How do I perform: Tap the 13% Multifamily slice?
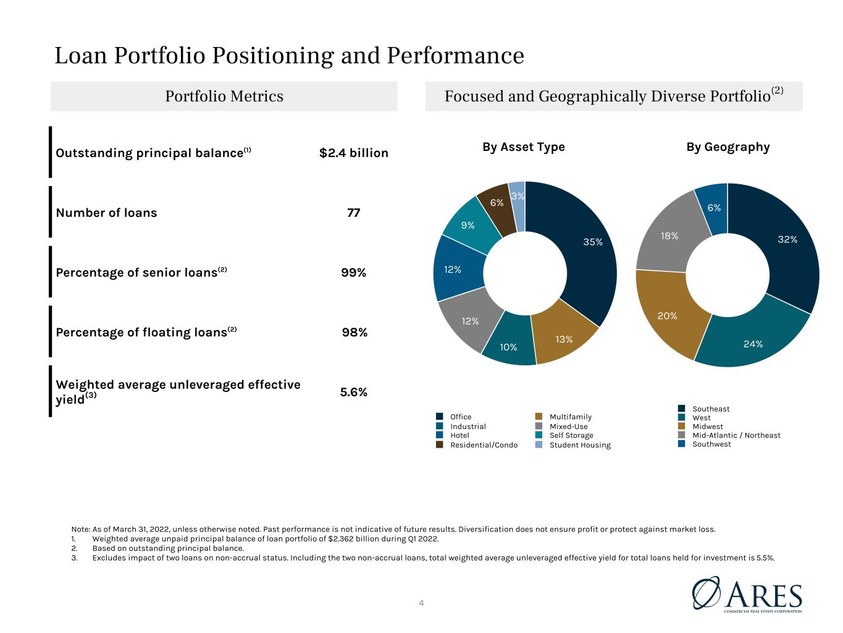[x=563, y=334]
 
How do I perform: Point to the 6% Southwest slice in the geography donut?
[x=713, y=209]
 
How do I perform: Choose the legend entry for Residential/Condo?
[x=477, y=444]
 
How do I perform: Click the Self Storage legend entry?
[x=564, y=435]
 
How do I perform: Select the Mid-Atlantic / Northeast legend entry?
[x=729, y=435]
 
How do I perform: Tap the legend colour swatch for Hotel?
[x=440, y=435]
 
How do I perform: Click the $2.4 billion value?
[x=353, y=153]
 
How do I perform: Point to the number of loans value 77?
[x=353, y=213]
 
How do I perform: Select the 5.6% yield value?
[x=353, y=392]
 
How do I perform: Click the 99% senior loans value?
[x=353, y=273]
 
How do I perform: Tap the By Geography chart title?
[x=728, y=148]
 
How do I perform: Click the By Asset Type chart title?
[x=524, y=148]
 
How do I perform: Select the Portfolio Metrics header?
[x=224, y=96]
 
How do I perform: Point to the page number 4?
[x=421, y=603]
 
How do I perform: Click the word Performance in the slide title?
[x=455, y=56]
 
